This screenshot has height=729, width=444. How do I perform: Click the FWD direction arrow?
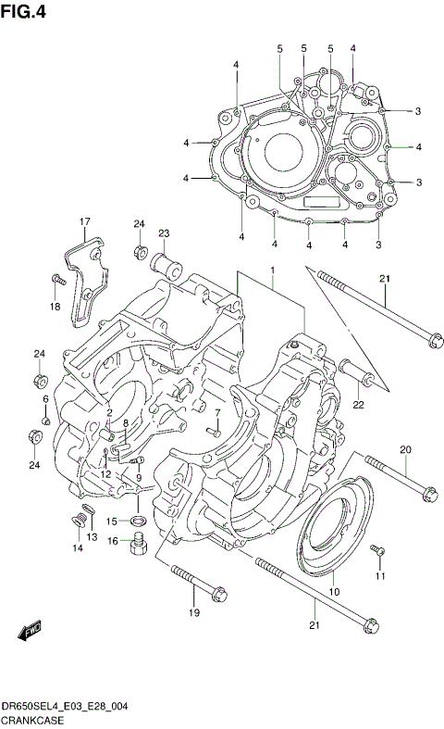[x=30, y=631]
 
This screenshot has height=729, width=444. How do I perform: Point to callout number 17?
[x=84, y=220]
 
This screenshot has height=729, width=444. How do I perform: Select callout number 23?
[x=164, y=233]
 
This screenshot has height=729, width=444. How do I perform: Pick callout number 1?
[x=273, y=270]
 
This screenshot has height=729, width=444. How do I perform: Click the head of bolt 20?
[x=428, y=494]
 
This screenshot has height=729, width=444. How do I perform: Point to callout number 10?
[x=334, y=592]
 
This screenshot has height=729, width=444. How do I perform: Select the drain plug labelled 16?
[x=137, y=544]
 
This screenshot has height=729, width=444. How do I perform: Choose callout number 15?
[x=111, y=521]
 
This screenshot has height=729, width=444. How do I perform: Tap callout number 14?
[x=78, y=548]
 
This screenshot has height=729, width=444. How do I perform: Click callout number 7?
[x=217, y=413]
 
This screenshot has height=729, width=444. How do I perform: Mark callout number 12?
[x=105, y=474]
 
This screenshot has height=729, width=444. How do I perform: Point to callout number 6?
[x=45, y=398]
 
